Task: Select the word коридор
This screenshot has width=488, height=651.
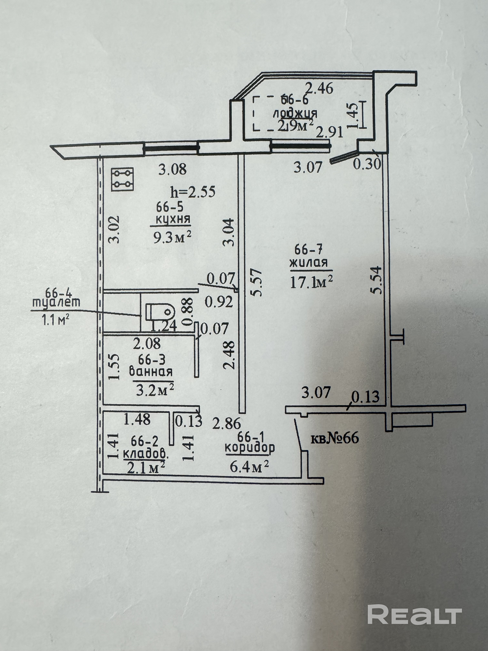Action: (x=250, y=447)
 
